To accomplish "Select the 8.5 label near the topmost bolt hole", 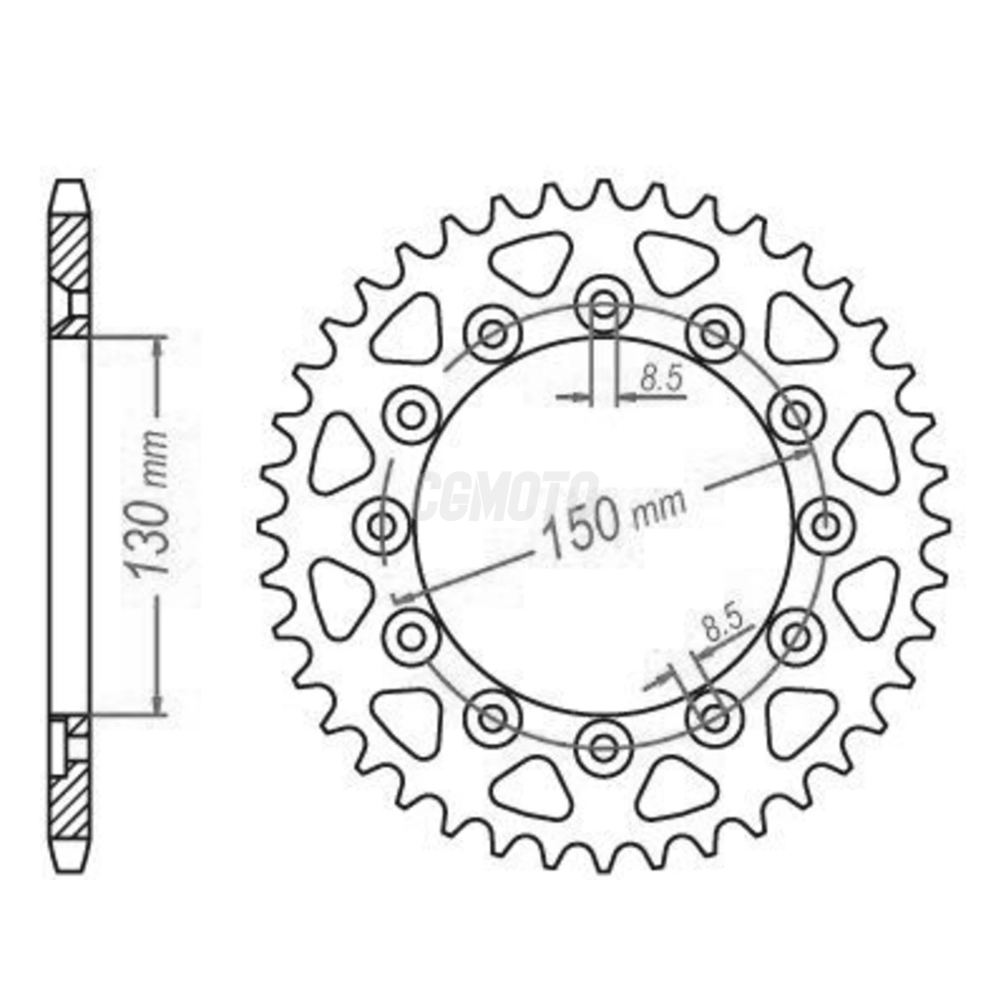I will tap(661, 379).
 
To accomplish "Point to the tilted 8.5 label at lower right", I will tap(723, 624).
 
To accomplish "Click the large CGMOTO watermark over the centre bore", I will tap(507, 496).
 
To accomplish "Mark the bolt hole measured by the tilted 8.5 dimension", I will tap(714, 716).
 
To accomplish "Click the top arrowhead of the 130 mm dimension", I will tap(157, 345).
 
